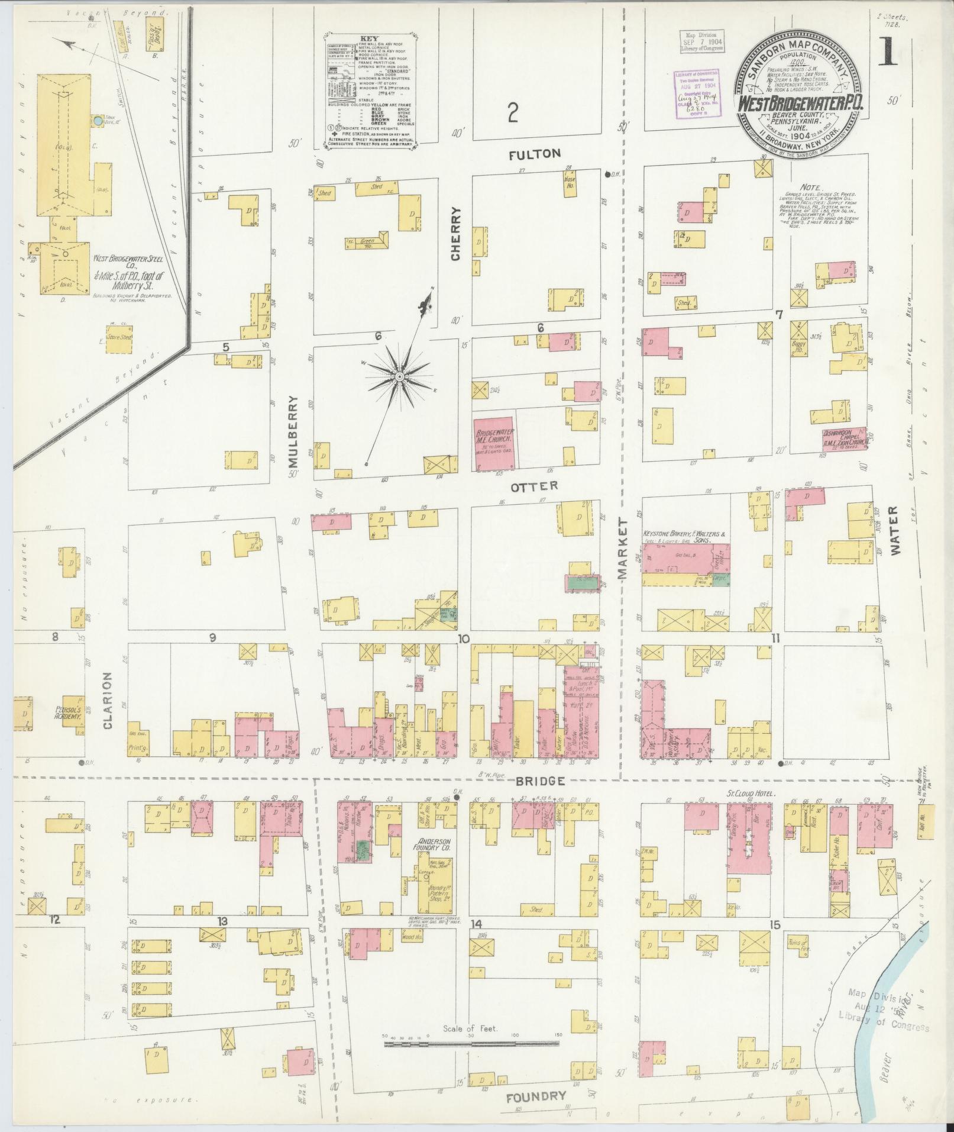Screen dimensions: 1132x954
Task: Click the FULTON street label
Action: pos(535,154)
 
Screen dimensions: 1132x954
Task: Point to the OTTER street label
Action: pos(534,485)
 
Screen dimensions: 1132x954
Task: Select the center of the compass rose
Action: pos(399,376)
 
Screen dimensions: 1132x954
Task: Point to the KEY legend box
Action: pos(371,92)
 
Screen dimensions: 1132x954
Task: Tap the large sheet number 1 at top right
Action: pos(889,52)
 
